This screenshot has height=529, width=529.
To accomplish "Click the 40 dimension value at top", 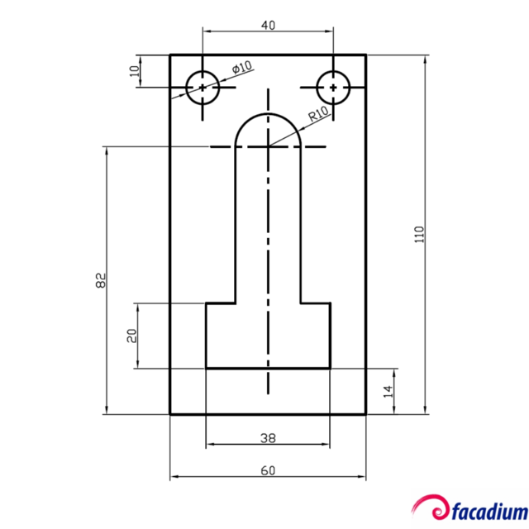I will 268,25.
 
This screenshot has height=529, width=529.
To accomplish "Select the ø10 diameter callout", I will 242,68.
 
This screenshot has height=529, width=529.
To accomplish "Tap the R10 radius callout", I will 319,114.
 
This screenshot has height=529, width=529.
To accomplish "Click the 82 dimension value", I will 101,280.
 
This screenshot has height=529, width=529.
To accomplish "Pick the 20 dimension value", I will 131,336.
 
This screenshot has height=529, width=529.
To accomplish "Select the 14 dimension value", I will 387,392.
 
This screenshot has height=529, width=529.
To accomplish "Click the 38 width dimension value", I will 268,437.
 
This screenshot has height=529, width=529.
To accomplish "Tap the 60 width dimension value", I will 268,470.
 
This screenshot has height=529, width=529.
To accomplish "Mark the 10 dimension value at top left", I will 135,70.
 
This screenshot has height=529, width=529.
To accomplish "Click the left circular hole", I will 203,87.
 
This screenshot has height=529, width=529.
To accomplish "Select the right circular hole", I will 333,87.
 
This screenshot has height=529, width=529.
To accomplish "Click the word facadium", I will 488,508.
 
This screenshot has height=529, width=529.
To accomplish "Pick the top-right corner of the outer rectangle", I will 365,55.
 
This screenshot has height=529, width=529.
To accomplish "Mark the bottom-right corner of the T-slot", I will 331,368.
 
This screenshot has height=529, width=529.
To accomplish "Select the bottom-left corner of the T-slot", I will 206,368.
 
